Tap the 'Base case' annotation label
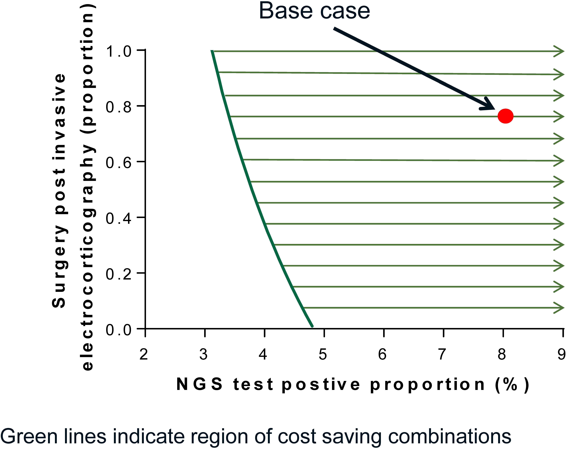[x=314, y=11]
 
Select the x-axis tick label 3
[x=203, y=355]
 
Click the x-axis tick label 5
[x=323, y=355]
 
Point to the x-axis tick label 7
[x=442, y=355]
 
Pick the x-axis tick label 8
[x=502, y=355]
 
